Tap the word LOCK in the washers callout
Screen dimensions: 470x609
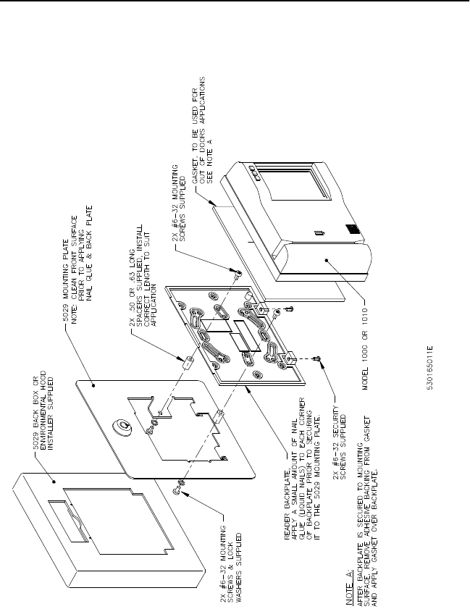217,558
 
